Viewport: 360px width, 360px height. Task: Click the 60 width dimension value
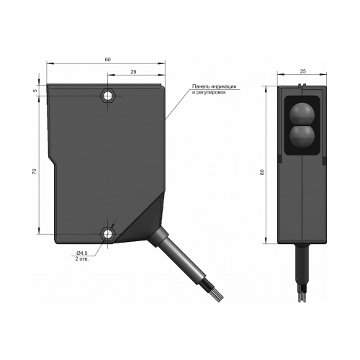pyautogui.click(x=108, y=60)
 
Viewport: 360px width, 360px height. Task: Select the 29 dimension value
pyautogui.click(x=134, y=72)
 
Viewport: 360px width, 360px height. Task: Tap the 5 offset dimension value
pyautogui.click(x=35, y=91)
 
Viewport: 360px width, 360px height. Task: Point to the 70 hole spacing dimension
pyautogui.click(x=35, y=171)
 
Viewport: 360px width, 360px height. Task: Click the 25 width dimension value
pyautogui.click(x=303, y=71)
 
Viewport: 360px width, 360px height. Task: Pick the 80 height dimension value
pyautogui.click(x=262, y=172)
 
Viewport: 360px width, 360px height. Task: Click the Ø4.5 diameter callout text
pyautogui.click(x=82, y=253)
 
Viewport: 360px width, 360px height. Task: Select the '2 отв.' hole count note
pyautogui.click(x=82, y=259)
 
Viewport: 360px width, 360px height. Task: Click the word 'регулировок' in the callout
pyautogui.click(x=212, y=92)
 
